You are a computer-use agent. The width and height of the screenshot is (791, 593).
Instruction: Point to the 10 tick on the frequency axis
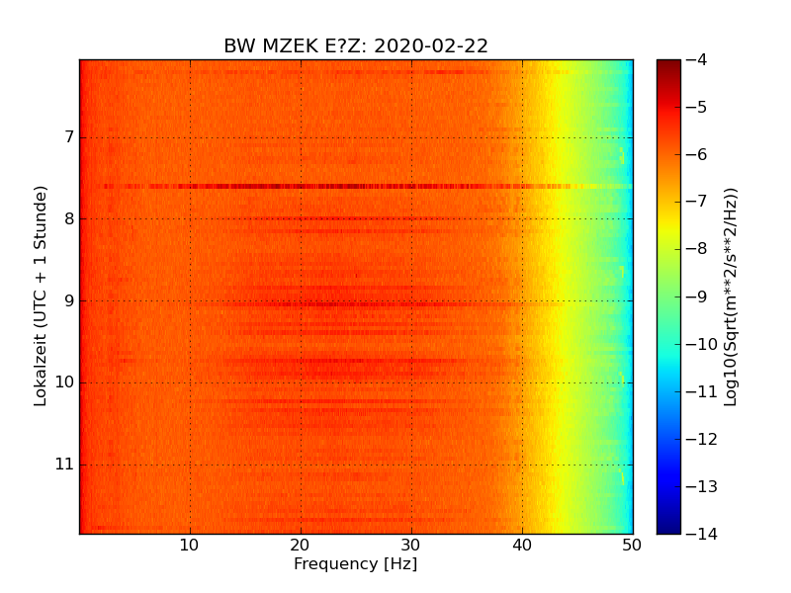click(x=190, y=545)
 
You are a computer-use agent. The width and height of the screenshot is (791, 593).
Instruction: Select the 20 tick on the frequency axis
click(x=301, y=545)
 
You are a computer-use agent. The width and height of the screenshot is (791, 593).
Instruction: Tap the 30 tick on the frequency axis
click(x=411, y=545)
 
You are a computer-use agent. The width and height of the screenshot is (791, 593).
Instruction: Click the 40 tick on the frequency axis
click(x=522, y=545)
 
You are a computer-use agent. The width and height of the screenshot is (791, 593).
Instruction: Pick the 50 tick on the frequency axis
click(x=632, y=545)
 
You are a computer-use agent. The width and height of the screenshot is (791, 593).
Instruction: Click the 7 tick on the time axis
click(x=68, y=136)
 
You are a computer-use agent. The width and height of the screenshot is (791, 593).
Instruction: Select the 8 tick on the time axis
click(x=68, y=218)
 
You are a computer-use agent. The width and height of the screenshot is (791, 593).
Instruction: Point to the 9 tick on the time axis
click(x=68, y=300)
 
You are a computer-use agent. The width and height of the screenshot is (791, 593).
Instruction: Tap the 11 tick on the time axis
click(x=64, y=465)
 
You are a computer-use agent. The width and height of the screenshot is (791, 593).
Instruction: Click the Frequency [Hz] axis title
click(x=355, y=564)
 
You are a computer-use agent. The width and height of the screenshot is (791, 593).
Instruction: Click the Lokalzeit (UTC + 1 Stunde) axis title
click(x=41, y=296)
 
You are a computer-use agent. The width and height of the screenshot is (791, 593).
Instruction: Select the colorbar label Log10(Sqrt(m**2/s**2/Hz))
click(x=731, y=296)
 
